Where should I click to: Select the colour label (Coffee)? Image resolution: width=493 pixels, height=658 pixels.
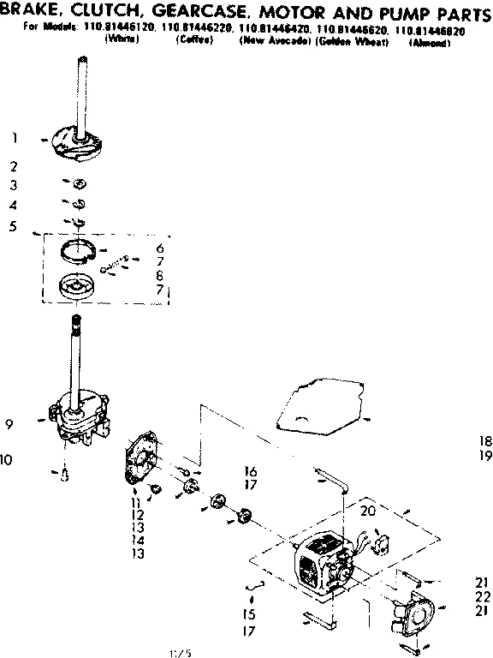coord(192,41)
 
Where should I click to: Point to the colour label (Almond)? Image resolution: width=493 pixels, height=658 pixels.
coord(430,42)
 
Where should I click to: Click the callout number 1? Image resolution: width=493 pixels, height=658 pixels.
coord(15,137)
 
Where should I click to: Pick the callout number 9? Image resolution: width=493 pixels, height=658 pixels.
coord(9,422)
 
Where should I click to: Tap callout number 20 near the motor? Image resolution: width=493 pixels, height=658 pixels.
coord(368,511)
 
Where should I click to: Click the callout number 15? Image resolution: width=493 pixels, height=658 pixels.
coord(249,614)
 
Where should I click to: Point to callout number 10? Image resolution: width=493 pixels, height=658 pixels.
coord(7,460)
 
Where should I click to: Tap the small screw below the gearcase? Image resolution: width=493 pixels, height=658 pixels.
coord(65,476)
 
